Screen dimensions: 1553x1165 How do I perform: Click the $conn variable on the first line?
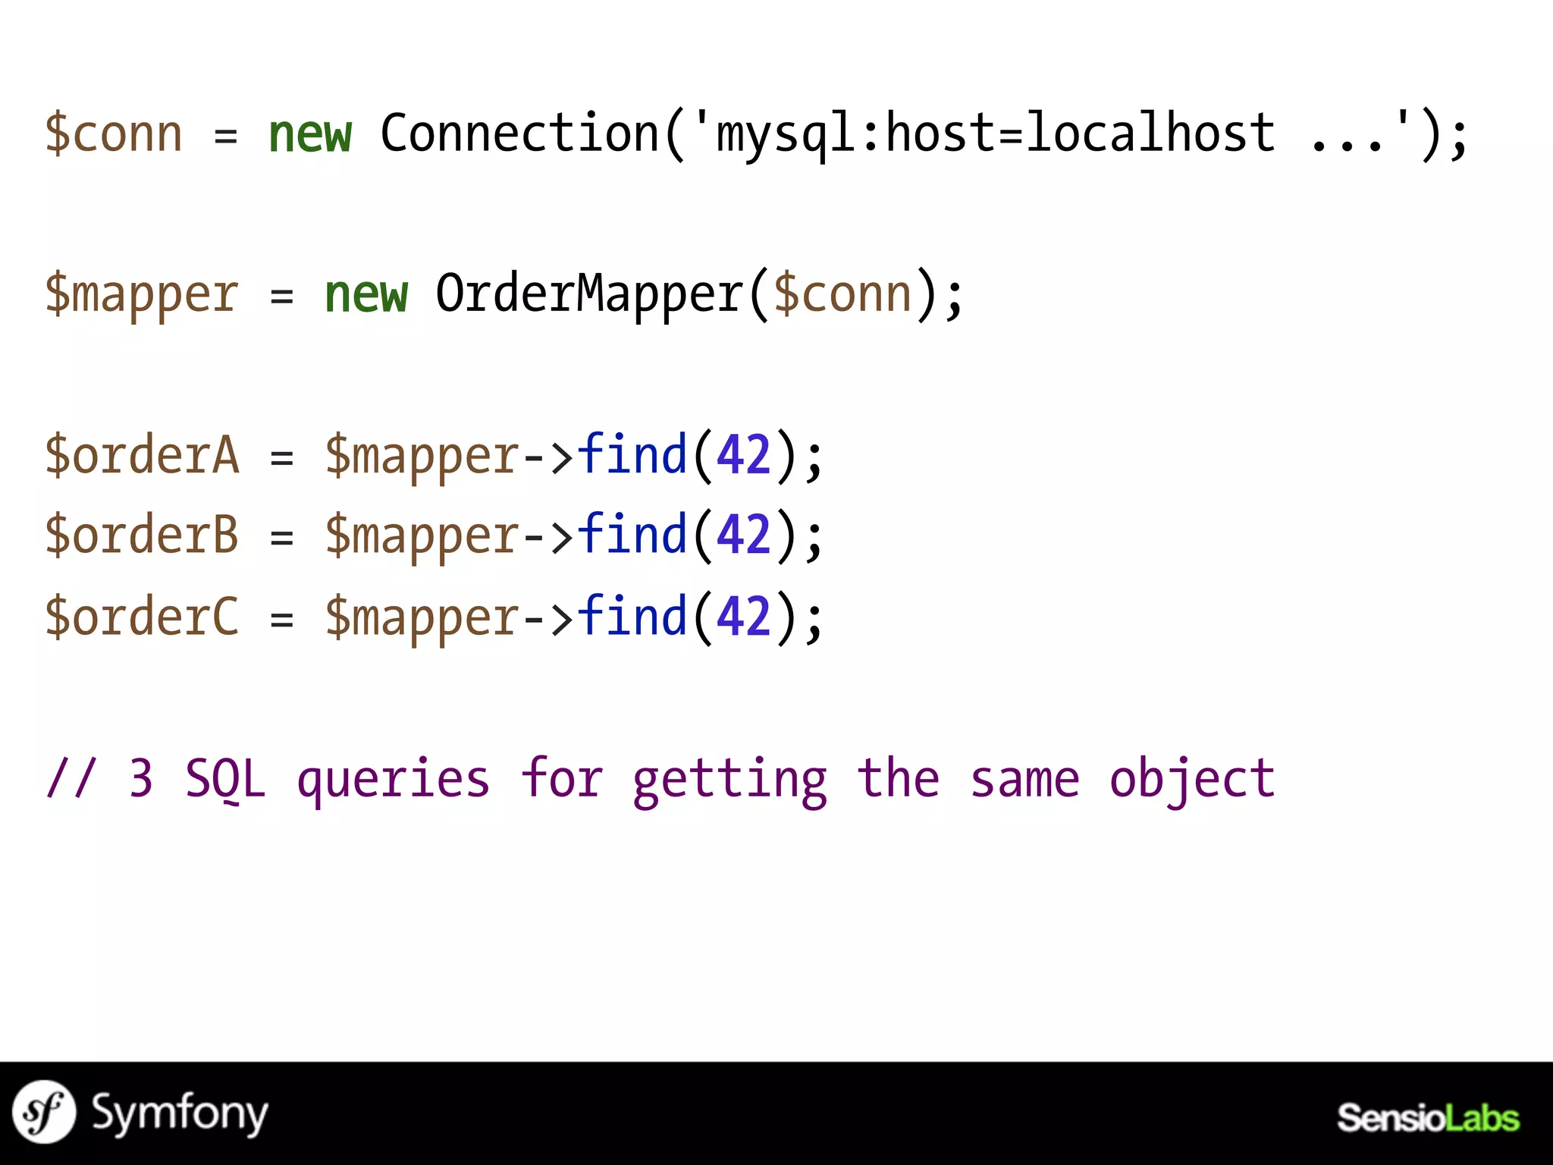114,135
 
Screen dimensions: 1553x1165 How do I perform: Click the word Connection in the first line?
520,133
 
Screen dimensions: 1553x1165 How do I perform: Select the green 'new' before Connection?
310,135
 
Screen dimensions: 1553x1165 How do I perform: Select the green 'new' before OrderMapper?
366,294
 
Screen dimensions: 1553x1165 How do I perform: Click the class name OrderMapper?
588,294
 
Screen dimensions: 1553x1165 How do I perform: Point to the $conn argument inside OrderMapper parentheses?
842,294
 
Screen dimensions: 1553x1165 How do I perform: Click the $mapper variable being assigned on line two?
142,296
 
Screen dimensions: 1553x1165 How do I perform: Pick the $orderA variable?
142,455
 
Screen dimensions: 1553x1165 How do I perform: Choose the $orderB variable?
142,535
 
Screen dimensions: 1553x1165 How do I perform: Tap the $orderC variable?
142,616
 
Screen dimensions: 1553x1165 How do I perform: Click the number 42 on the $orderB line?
743,535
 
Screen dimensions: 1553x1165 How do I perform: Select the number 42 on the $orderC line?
743,616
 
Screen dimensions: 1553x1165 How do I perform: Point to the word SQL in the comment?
225,779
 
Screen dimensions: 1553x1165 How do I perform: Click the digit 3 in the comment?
141,779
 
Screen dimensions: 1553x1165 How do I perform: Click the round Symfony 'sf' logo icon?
44,1112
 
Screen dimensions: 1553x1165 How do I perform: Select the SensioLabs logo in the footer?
1427,1118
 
